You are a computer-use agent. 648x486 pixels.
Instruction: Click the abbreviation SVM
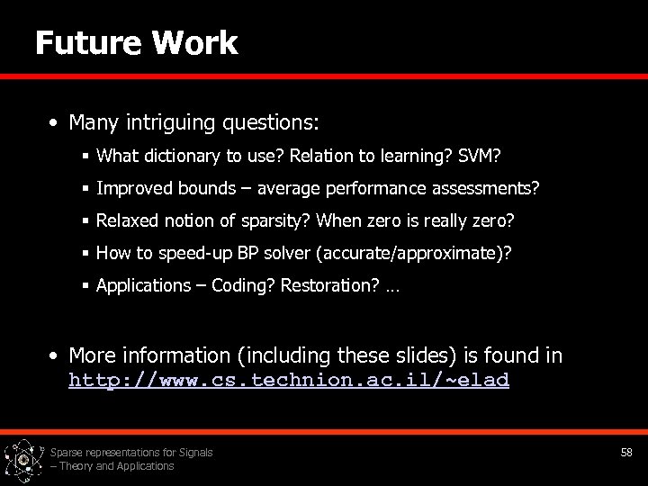[x=476, y=157]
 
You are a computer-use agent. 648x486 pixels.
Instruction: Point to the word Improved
[x=131, y=189]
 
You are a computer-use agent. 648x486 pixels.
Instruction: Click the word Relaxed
[x=126, y=221]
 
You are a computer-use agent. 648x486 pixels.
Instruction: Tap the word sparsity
[x=277, y=221]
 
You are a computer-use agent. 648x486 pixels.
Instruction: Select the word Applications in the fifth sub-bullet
[x=141, y=286]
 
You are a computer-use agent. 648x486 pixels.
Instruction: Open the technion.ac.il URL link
[x=289, y=380]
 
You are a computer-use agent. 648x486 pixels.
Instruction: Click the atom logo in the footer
[x=23, y=460]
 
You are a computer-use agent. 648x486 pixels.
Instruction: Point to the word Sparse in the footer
[x=67, y=453]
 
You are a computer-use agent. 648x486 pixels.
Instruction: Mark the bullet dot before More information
[x=55, y=356]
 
